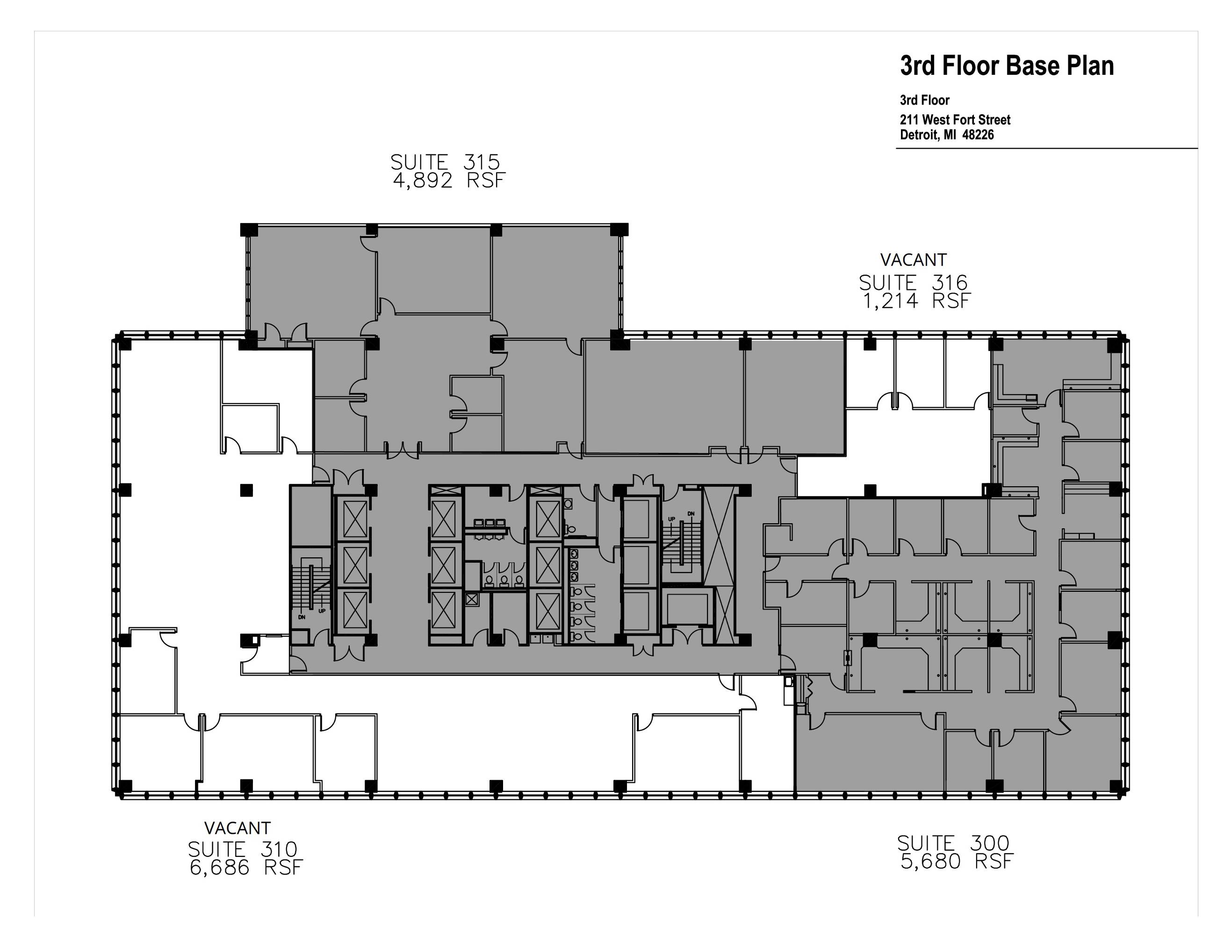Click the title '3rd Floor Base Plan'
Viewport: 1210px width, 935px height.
click(x=1007, y=66)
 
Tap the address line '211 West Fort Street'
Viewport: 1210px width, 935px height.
click(x=955, y=120)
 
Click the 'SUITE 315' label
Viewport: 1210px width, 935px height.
click(x=445, y=162)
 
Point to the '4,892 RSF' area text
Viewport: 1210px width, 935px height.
click(x=449, y=180)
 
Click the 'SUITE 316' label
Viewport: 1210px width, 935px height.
click(x=913, y=283)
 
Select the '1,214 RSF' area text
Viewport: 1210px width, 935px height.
click(x=916, y=301)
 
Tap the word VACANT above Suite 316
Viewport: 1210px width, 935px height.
click(x=914, y=260)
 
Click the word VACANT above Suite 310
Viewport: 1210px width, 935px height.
click(x=237, y=828)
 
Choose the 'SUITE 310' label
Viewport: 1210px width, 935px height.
click(x=243, y=849)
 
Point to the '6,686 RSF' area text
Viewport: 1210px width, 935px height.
click(x=246, y=867)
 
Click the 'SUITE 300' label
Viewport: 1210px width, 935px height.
click(x=953, y=843)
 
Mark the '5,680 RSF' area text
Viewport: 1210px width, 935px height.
click(x=957, y=861)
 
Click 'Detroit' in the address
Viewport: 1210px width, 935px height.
click(x=919, y=135)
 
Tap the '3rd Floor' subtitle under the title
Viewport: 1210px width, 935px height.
click(x=925, y=100)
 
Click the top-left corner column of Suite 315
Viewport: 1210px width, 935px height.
click(x=249, y=230)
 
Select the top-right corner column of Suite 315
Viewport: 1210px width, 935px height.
click(x=619, y=230)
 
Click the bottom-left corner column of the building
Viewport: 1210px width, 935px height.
click(x=125, y=786)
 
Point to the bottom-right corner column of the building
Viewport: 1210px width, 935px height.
click(x=1115, y=786)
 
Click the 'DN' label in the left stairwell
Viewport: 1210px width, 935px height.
click(x=302, y=617)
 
